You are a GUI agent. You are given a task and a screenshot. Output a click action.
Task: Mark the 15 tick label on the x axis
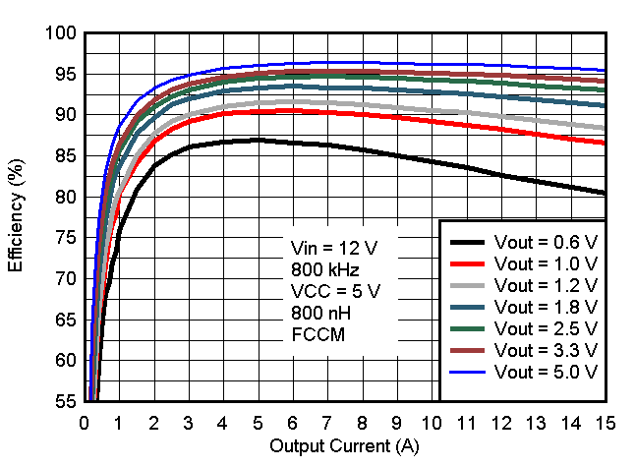point(605,422)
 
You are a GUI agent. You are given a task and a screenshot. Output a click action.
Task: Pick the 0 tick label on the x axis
point(85,422)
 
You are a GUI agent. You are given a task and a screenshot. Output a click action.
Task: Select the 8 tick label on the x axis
point(363,422)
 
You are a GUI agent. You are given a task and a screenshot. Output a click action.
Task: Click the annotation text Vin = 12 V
point(334,247)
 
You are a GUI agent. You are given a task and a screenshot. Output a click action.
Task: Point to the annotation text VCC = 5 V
point(335,290)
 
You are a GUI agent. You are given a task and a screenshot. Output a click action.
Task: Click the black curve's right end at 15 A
point(604,193)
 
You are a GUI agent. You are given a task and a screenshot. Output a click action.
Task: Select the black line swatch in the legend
point(470,242)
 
